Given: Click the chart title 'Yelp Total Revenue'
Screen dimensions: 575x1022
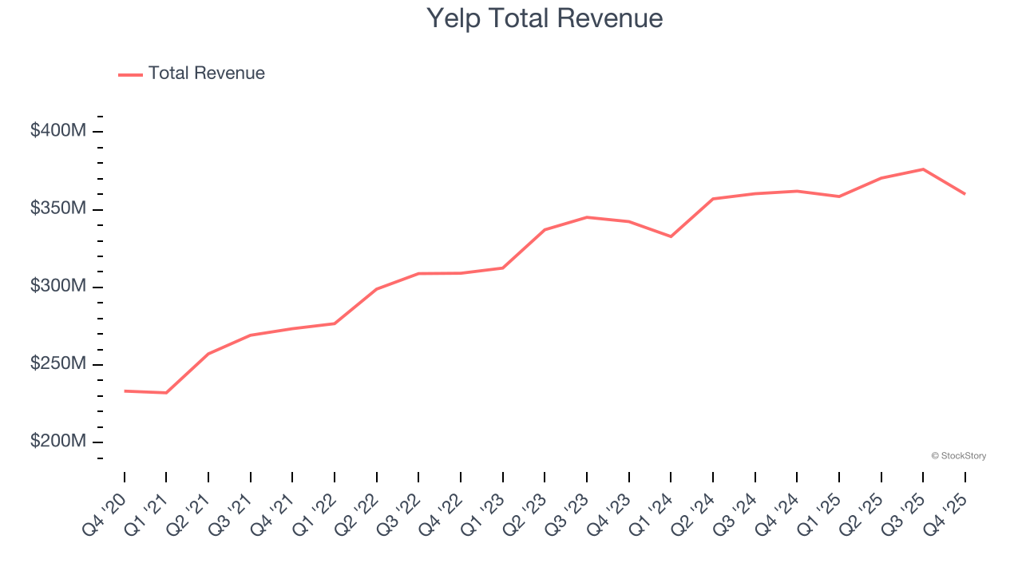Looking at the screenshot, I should pos(545,18).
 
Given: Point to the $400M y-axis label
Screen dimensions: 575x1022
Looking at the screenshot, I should pos(57,131).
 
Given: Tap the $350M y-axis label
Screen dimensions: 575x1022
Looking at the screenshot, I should pos(57,208).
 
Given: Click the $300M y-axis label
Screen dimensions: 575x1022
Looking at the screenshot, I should pos(57,286).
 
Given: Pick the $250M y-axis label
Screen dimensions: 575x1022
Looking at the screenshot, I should pos(57,364).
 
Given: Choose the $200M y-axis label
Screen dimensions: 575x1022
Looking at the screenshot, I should pos(57,442).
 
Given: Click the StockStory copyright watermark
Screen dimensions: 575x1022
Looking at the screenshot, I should pos(958,456).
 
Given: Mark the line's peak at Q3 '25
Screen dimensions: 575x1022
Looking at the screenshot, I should pos(923,169).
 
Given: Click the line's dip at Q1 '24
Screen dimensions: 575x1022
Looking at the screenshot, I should pos(671,236).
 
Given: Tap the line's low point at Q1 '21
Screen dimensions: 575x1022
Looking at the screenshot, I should pos(166,393).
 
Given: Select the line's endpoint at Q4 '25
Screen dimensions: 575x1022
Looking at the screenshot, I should pos(965,193).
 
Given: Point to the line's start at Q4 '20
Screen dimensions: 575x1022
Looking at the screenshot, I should pos(125,391).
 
